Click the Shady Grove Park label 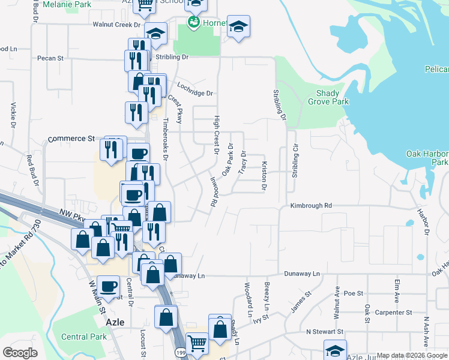(x=332, y=98)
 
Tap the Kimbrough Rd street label (x=311, y=205)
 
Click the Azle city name (x=115, y=322)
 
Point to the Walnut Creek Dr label (x=116, y=25)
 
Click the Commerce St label (x=71, y=139)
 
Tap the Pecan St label (x=50, y=58)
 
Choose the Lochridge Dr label (x=195, y=94)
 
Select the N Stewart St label (x=324, y=331)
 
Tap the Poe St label (x=354, y=293)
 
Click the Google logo (x=20, y=353)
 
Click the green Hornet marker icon (x=193, y=23)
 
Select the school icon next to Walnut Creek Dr (x=155, y=34)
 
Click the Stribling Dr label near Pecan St (x=172, y=58)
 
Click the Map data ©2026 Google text (x=411, y=355)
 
